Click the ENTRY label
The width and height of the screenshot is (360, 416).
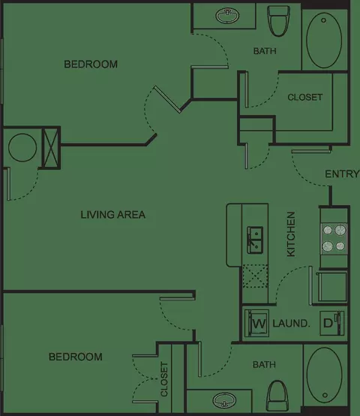[342, 174]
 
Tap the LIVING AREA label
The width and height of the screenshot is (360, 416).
[113, 215]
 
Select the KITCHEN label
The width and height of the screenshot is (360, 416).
[291, 234]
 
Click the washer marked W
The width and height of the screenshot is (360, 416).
[256, 323]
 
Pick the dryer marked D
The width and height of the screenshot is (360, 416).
[332, 323]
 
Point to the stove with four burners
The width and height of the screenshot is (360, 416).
[334, 239]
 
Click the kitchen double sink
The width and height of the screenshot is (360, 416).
[255, 240]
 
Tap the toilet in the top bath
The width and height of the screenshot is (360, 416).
[278, 21]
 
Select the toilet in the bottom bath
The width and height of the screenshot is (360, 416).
[277, 395]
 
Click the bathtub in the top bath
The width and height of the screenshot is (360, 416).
[324, 39]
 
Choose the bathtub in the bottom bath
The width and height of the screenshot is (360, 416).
[324, 375]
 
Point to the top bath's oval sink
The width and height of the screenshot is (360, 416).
[227, 15]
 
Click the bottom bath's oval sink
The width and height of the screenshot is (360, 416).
[225, 400]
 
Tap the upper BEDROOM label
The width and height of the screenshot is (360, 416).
[91, 65]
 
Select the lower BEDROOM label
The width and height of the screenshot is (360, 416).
[76, 357]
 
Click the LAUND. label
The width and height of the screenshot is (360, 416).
[292, 324]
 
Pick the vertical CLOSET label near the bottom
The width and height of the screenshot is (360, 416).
[164, 379]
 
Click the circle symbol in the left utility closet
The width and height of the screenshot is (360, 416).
[22, 147]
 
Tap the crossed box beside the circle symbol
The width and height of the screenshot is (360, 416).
[50, 148]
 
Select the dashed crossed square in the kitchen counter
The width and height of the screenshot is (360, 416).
[255, 276]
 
